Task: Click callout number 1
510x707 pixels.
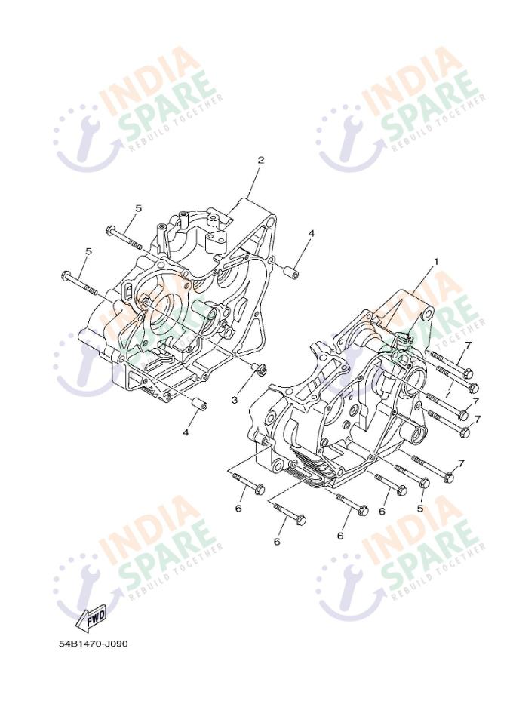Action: [x=435, y=262]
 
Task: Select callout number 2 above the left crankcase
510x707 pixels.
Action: [x=261, y=160]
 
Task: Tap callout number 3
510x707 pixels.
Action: [x=235, y=399]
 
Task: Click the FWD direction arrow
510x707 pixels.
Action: [x=93, y=617]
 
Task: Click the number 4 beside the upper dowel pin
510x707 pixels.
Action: [x=310, y=234]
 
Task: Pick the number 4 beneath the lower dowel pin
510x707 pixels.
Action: [x=185, y=432]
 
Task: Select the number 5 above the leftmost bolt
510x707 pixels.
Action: [x=88, y=251]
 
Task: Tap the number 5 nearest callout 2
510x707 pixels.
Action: [x=138, y=208]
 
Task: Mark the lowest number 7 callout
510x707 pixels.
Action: [x=461, y=463]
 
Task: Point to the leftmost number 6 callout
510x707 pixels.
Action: [x=238, y=509]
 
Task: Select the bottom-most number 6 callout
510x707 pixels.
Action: [x=277, y=542]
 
